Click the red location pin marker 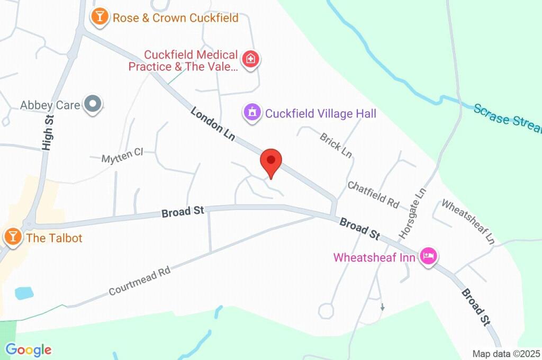click(271, 161)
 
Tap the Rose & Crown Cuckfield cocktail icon click(99, 17)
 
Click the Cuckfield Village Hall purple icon click(252, 112)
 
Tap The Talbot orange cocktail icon click(12, 237)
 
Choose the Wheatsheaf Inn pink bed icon click(428, 257)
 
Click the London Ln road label click(213, 124)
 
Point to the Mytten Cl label click(122, 155)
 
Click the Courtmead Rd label click(140, 281)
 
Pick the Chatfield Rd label click(373, 194)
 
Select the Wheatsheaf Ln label click(468, 221)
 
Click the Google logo click(28, 349)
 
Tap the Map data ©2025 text click(505, 353)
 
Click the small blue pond click(24, 293)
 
